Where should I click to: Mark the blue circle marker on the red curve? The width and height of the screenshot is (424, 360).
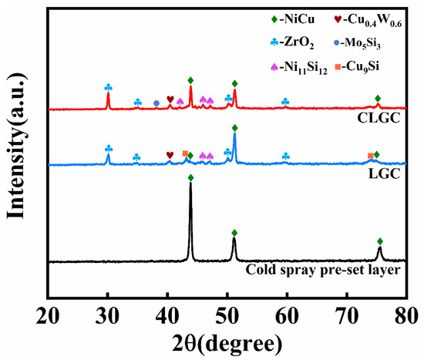156,103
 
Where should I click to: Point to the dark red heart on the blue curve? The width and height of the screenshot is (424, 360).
170,155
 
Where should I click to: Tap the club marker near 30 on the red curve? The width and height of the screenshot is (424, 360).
108,87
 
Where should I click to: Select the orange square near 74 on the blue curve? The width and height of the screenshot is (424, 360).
370,156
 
